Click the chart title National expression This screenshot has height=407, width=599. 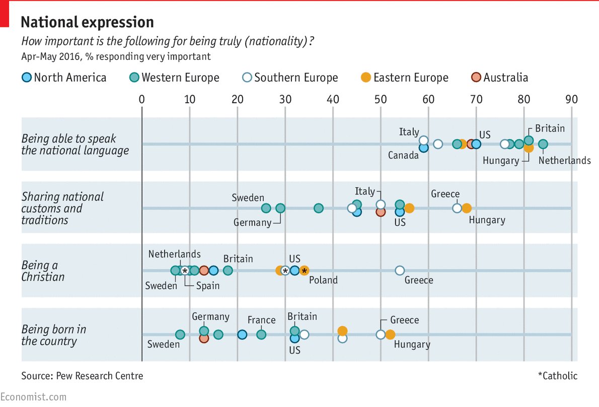pos(87,22)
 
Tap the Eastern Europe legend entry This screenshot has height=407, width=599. pos(405,78)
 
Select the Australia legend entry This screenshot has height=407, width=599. pos(500,78)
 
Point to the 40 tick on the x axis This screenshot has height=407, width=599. pos(333,99)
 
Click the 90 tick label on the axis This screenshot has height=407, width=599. pos(571,99)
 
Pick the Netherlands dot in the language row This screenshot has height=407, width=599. pos(543,145)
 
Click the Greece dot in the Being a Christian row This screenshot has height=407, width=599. pos(400,270)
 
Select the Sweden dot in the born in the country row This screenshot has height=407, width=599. pos(180,334)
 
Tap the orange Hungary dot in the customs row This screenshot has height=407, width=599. pos(467,209)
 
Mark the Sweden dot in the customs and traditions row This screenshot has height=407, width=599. pos(266,209)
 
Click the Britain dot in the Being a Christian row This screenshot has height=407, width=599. pos(228,270)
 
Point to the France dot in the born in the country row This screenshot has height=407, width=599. pos(261,334)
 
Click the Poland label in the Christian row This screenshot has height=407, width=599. pos(323,280)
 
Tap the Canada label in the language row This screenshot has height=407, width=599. pos(403,155)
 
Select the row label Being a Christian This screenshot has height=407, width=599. pos(43,271)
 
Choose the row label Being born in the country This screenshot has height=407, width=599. pos(53,335)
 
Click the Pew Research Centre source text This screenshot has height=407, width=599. pos(82,376)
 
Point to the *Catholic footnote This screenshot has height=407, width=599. pos(557,376)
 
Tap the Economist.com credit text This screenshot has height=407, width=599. pos(33,397)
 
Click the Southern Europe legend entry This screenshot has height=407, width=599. pos(290,78)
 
